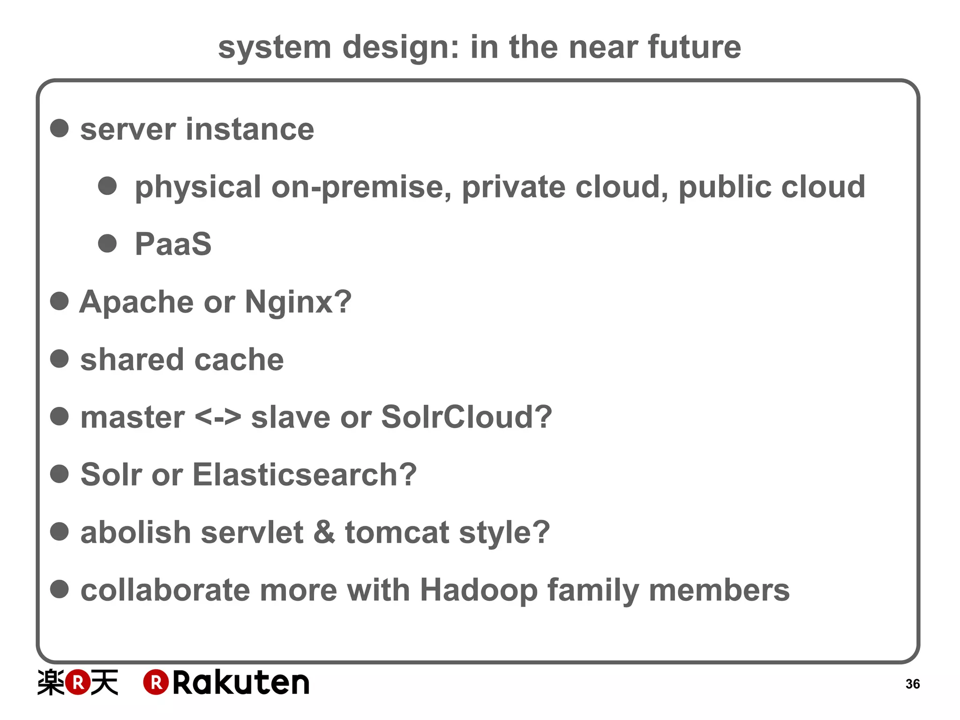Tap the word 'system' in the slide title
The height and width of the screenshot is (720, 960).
(275, 48)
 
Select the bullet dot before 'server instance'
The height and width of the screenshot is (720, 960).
(60, 128)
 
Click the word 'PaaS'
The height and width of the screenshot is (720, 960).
(173, 244)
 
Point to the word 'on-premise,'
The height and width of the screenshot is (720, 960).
(361, 187)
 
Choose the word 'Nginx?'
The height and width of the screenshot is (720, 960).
(298, 302)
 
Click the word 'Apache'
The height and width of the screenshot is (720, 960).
(136, 302)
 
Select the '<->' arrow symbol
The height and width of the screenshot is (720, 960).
(217, 417)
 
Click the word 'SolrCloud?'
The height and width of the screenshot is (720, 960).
(466, 417)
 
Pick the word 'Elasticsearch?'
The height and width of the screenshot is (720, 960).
(304, 474)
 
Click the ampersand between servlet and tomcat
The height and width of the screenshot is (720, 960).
(324, 532)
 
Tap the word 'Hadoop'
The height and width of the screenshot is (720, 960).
(478, 590)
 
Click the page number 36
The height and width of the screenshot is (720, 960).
(912, 684)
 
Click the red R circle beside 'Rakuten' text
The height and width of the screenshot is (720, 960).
(156, 682)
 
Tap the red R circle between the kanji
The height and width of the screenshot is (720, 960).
(77, 682)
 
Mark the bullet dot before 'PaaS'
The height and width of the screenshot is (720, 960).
(107, 243)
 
